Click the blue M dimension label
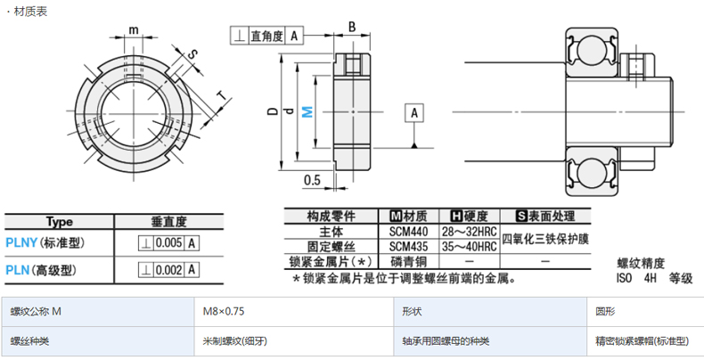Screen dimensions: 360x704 (307, 111)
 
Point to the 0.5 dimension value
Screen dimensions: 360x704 (312, 180)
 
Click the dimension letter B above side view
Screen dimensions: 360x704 (352, 27)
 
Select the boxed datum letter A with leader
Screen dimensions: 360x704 (415, 112)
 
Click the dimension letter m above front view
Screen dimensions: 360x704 (134, 29)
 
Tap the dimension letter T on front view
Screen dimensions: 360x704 (219, 94)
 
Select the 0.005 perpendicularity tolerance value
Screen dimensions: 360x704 (170, 243)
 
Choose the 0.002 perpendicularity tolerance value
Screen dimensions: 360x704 (170, 270)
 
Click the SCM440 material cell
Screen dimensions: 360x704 (409, 232)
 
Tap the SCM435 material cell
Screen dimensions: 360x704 (409, 246)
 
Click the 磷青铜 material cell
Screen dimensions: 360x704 (409, 261)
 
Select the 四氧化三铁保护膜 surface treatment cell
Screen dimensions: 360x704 (545, 239)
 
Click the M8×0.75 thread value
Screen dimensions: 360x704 (224, 311)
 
